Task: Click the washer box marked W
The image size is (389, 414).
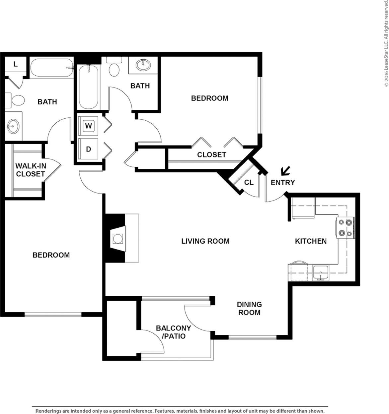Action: click(x=88, y=126)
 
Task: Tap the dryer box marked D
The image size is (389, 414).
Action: click(x=88, y=149)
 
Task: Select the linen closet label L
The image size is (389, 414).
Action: click(x=15, y=64)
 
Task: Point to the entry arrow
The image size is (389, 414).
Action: click(x=285, y=171)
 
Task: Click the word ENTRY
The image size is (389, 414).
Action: click(x=282, y=182)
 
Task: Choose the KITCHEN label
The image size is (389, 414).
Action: click(x=311, y=241)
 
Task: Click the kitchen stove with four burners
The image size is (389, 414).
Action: click(x=346, y=228)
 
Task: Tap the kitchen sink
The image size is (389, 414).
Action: click(x=321, y=272)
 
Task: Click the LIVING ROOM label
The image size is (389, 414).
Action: click(x=205, y=241)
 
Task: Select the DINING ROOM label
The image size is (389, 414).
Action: click(x=249, y=308)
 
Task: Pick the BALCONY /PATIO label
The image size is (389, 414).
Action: click(x=173, y=332)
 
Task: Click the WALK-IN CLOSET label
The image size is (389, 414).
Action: click(x=31, y=170)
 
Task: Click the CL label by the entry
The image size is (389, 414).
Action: click(x=249, y=182)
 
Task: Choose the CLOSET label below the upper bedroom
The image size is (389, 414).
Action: click(x=211, y=154)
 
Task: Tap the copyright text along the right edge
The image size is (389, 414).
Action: click(x=386, y=43)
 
